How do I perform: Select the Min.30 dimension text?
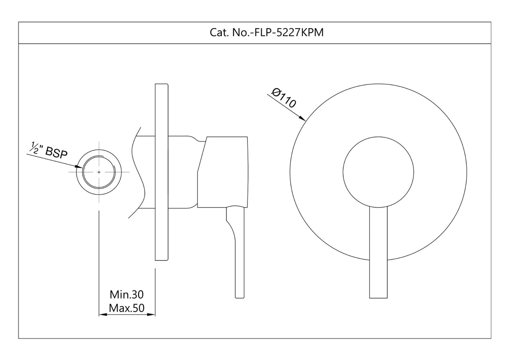126,293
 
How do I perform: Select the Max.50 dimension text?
126,308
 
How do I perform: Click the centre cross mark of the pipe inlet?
99,172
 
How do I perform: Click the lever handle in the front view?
378,252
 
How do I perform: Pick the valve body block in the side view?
223,172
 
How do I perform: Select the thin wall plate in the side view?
162,172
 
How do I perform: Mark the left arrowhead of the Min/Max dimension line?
101,314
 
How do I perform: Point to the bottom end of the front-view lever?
378,296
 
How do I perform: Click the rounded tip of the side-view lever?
239,297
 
